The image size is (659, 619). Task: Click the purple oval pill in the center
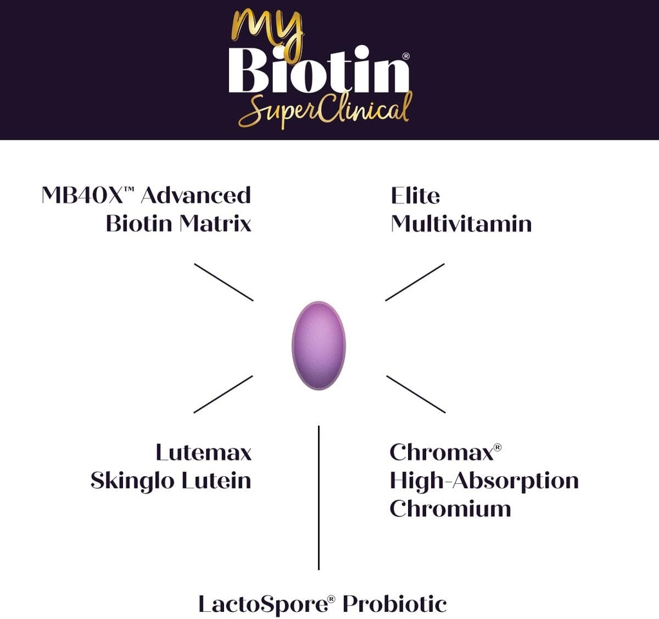coord(319,345)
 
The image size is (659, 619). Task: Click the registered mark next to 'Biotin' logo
coord(405,56)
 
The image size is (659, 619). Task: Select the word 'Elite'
coord(415,195)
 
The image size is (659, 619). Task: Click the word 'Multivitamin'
coord(461,223)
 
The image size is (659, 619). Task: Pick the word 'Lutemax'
coord(203,452)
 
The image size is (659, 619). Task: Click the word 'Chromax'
coord(441,452)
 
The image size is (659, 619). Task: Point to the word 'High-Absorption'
coord(484,481)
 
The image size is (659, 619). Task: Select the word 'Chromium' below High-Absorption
coord(450,508)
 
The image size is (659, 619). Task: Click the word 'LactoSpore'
coord(263,604)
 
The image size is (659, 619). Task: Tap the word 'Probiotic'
coord(394,604)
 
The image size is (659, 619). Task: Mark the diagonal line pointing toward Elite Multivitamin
coord(415,282)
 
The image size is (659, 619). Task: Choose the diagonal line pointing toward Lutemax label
coord(223,394)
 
